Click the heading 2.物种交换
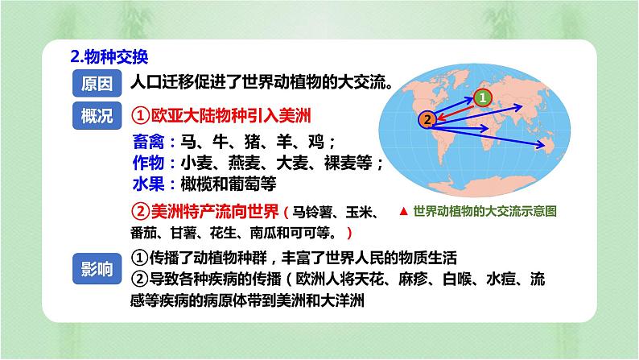[x=109, y=57]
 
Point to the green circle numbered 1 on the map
[x=481, y=97]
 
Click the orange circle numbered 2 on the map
[x=428, y=119]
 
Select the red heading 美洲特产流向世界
[x=205, y=213]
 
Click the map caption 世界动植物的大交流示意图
[x=484, y=212]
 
